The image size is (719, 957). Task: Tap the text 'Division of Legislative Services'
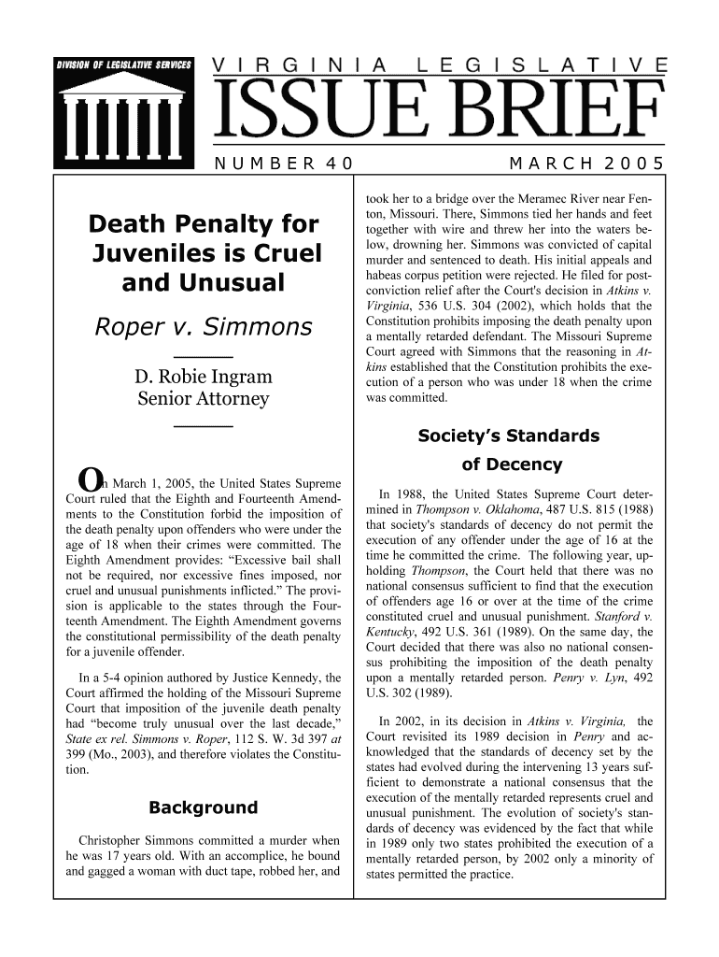[x=124, y=64]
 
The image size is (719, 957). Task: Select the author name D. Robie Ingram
[x=204, y=378]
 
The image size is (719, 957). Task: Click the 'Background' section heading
[x=204, y=807]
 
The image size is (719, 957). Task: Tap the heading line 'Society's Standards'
[x=509, y=436]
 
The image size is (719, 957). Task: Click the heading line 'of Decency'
[x=512, y=464]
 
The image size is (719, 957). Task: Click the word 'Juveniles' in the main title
[x=161, y=252]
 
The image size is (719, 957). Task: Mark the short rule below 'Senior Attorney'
[x=204, y=426]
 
